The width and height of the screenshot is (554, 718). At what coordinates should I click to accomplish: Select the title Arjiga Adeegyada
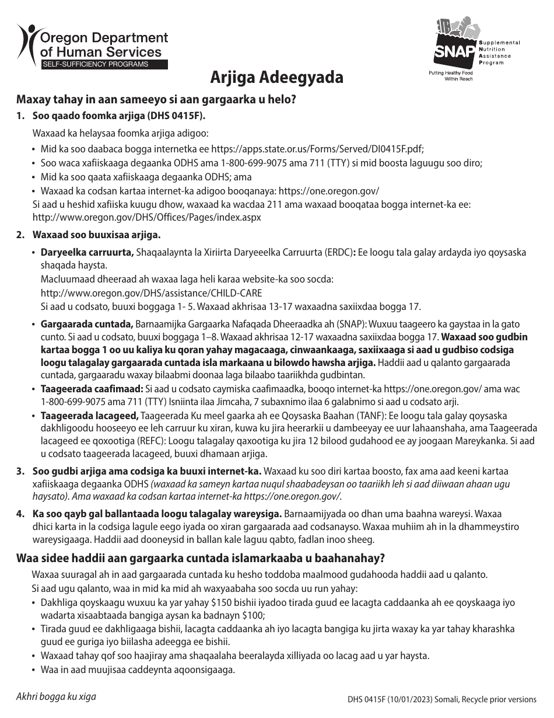coord(277,78)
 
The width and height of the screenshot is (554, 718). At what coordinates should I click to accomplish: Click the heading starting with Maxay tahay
coord(157,99)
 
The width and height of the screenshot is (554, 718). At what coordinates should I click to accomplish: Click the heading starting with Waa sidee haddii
coord(201,558)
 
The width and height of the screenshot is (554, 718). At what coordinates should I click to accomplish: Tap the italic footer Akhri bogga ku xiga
coord(56,696)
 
